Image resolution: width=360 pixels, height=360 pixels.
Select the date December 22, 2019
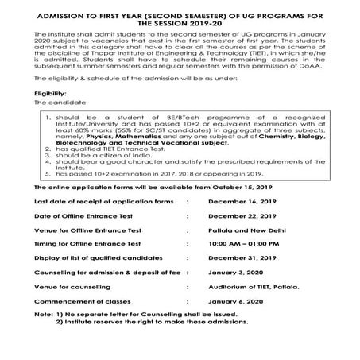tap(231, 238)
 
